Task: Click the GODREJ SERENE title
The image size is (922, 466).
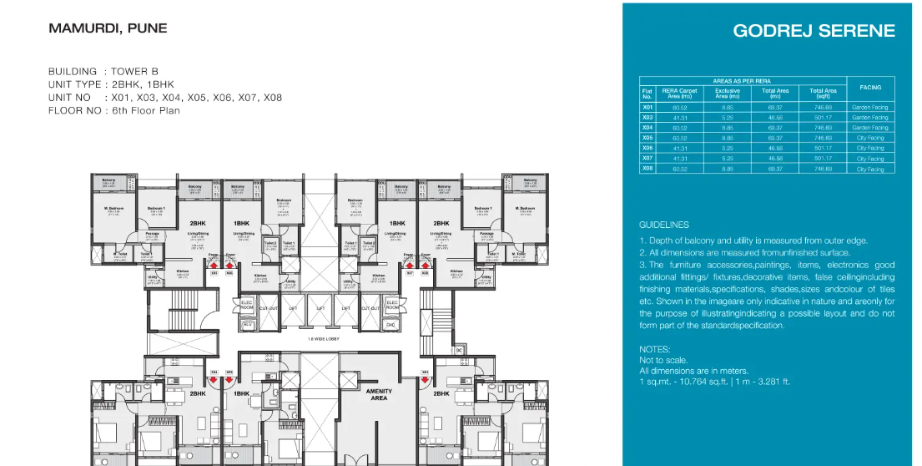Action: click(814, 31)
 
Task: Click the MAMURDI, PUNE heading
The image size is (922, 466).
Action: click(108, 28)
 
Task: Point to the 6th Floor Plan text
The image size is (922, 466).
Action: click(146, 110)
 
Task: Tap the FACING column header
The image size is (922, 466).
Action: click(870, 87)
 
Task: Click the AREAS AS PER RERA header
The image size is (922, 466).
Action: click(742, 80)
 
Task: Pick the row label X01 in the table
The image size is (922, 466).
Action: click(647, 107)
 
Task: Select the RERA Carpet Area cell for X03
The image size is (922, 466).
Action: click(679, 118)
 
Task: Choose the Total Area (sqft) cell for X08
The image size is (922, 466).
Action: click(823, 169)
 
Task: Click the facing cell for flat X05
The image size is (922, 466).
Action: click(870, 138)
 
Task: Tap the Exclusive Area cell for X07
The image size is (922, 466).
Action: click(728, 158)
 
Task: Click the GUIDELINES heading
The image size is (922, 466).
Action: click(664, 225)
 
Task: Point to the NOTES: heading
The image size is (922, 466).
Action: click(654, 349)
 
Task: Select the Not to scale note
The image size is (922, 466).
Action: click(660, 360)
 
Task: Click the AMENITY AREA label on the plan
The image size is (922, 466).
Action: click(380, 395)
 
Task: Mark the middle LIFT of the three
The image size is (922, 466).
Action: click(321, 308)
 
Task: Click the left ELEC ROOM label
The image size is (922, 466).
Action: click(246, 306)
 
